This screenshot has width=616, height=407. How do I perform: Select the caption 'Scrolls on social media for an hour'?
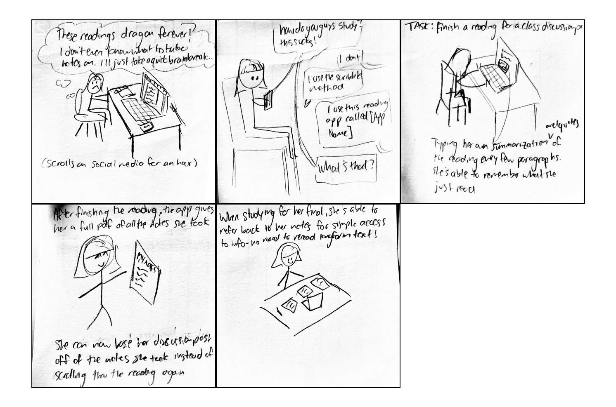tap(120, 163)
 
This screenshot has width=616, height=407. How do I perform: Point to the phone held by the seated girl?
tap(269, 99)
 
